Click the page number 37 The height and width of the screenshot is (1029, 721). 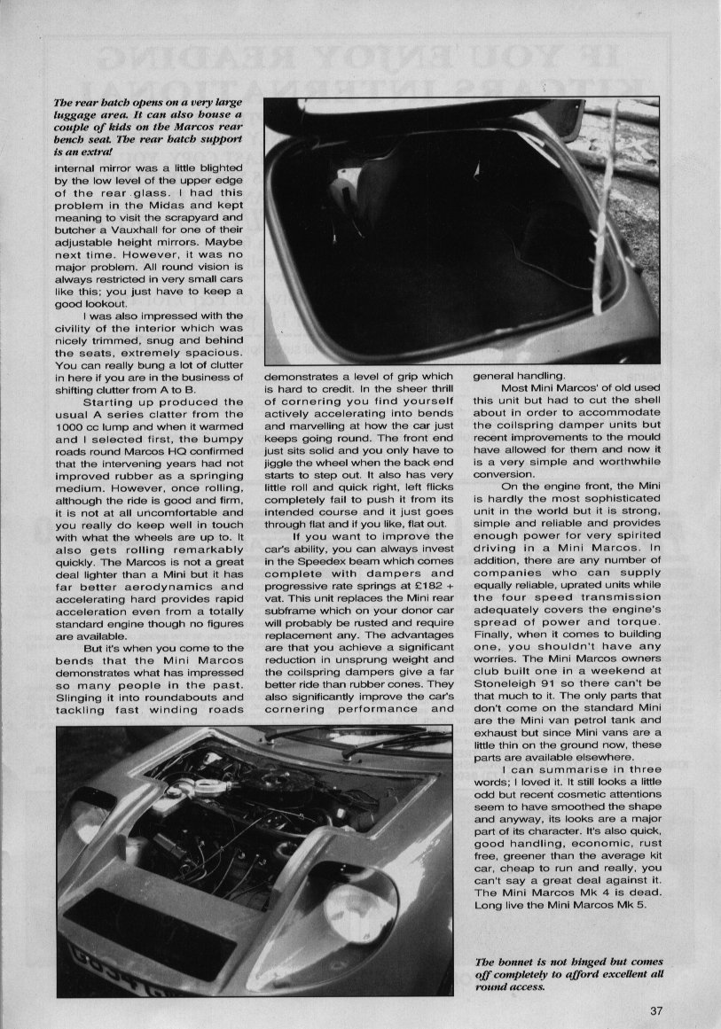[655, 1010]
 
